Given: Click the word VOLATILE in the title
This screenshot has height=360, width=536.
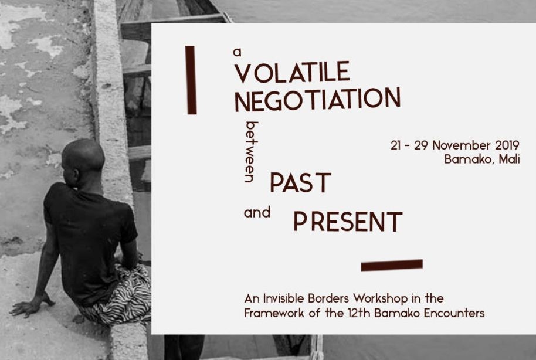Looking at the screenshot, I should tap(291, 72).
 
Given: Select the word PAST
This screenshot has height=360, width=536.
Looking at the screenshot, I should tap(300, 183).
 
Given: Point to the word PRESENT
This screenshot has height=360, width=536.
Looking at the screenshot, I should tap(348, 222).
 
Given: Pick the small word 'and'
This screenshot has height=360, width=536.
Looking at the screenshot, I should tap(257, 213).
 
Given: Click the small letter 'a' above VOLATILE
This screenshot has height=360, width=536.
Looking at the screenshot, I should tap(238, 52).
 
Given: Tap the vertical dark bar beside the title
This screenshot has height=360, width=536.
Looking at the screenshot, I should tap(191, 80).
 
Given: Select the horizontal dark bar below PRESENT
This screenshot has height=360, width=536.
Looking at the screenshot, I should tap(392, 265).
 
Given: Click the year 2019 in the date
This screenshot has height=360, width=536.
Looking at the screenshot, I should tap(505, 145).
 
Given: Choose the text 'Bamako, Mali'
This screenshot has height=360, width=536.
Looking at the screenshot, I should tap(481, 159).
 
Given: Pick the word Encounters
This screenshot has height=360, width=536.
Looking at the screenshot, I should tap(455, 313).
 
